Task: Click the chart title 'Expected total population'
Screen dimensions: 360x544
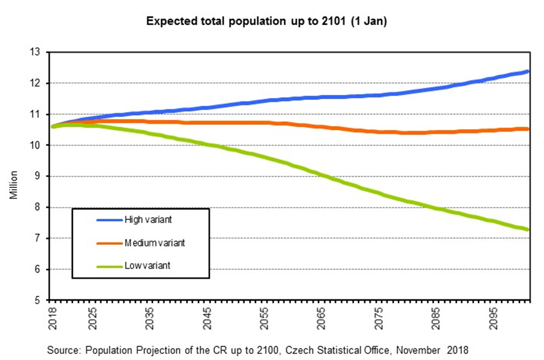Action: tap(266, 21)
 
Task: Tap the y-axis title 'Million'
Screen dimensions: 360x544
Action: tap(14, 186)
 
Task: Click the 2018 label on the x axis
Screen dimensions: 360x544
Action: tap(53, 318)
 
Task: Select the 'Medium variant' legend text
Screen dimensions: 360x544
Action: tap(154, 242)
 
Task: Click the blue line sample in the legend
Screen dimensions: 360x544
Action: tap(109, 219)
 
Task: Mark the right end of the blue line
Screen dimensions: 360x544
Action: tap(527, 72)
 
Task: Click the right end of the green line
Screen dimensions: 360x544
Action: tap(527, 230)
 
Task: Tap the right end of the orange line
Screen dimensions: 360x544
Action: tap(527, 129)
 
